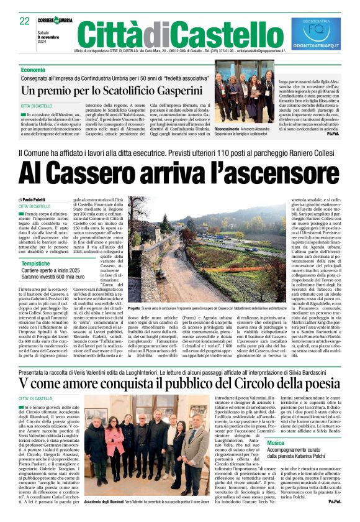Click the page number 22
[x=25, y=21]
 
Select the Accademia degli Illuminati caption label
[x=104, y=501]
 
